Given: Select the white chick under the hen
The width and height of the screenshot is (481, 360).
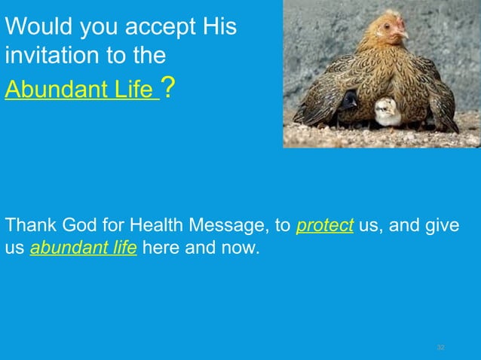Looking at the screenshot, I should (388, 111).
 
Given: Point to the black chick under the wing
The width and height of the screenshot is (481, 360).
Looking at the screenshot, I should (348, 100).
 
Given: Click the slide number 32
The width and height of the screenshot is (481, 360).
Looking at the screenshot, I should (441, 347).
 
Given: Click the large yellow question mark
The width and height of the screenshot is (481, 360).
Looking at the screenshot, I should (170, 89).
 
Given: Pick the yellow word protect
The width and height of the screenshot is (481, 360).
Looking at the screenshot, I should (325, 226).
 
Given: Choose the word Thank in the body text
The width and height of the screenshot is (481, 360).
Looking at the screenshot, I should (27, 226).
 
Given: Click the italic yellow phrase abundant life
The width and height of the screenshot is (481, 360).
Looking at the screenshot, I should (83, 248).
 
